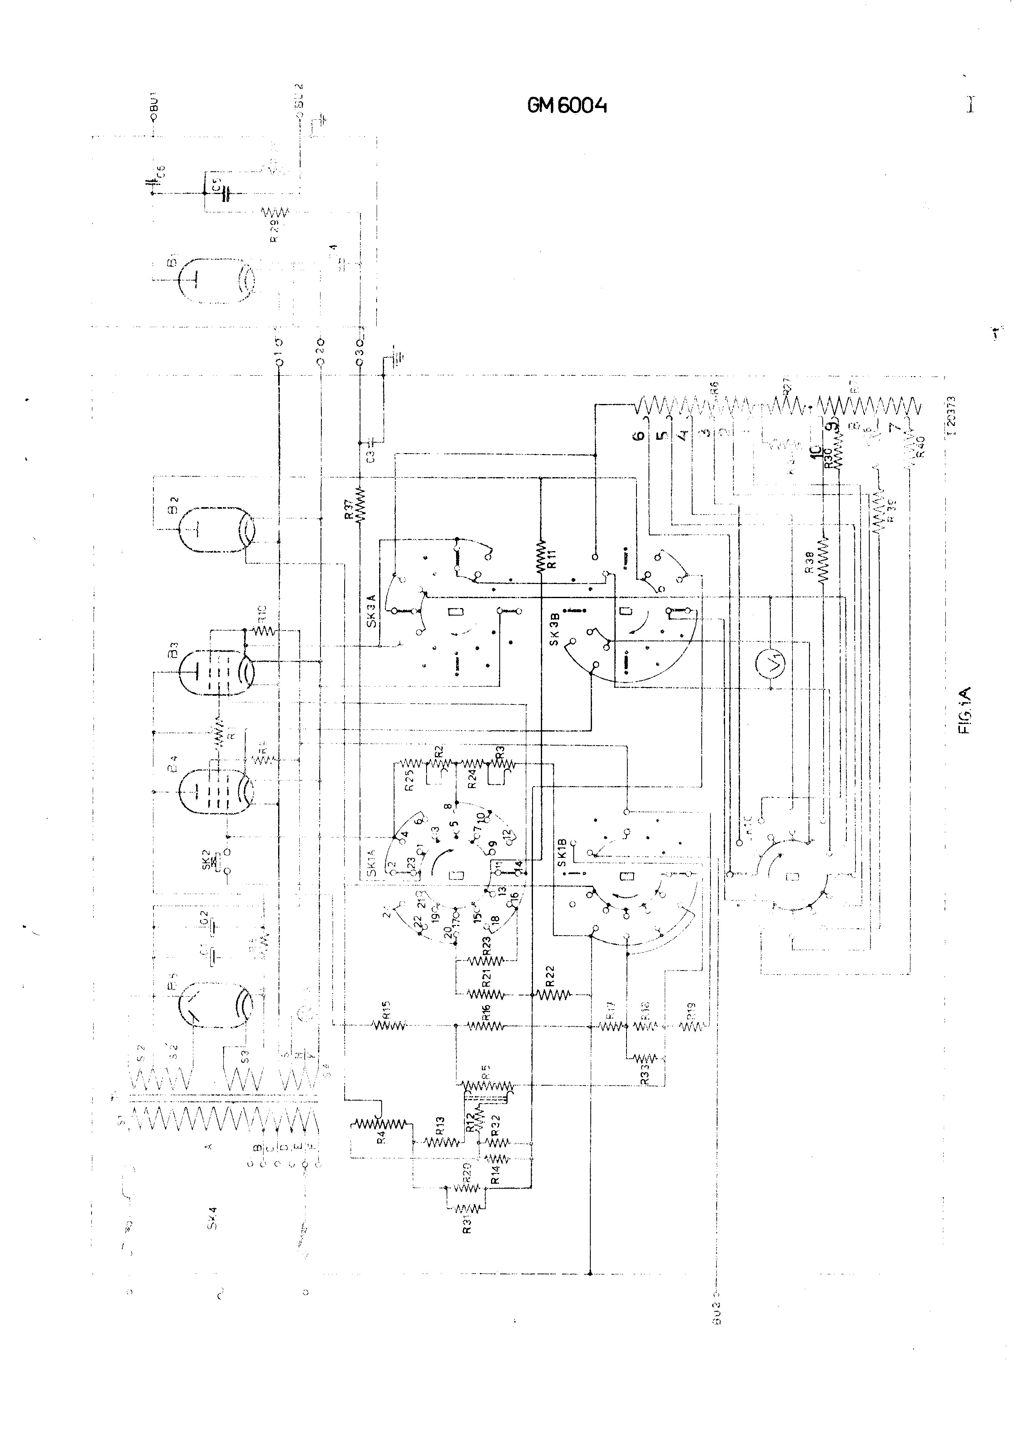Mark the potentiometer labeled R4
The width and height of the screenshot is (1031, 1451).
point(380,1124)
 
